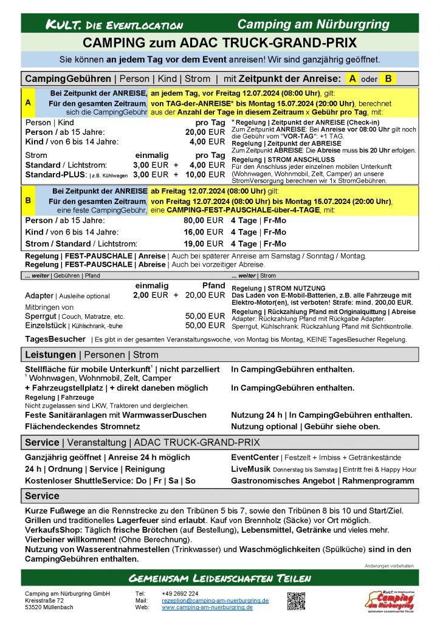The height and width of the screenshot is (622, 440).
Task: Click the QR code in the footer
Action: tap(296, 600)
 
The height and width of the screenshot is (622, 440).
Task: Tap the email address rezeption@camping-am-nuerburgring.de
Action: tap(215, 600)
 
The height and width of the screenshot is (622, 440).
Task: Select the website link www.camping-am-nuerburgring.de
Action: tap(207, 607)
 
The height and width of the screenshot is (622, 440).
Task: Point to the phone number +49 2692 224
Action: tap(180, 593)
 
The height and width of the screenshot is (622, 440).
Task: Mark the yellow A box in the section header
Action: tap(352, 78)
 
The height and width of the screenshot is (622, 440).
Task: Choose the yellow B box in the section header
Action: tap(388, 78)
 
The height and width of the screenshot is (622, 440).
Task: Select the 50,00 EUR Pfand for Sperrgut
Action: tap(205, 316)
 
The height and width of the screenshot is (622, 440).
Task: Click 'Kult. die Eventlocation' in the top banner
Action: tap(114, 25)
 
